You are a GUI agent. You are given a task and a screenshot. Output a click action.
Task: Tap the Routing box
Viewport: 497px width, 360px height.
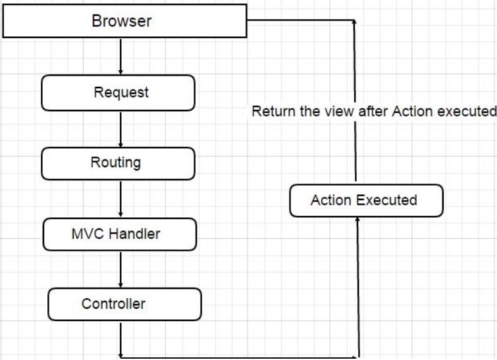pyautogui.click(x=118, y=163)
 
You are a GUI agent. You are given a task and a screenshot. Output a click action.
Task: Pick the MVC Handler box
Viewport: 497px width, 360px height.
pyautogui.click(x=119, y=234)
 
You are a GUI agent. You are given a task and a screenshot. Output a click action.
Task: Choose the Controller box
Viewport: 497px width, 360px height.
pyautogui.click(x=124, y=304)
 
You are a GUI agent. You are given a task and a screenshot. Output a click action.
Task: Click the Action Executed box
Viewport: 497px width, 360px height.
pyautogui.click(x=366, y=200)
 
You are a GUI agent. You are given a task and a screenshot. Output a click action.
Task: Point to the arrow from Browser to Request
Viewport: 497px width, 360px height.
pyautogui.click(x=121, y=56)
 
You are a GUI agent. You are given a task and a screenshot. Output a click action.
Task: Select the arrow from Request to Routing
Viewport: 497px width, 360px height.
pyautogui.click(x=121, y=128)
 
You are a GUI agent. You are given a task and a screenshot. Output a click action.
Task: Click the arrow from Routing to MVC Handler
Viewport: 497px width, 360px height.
pyautogui.click(x=121, y=199)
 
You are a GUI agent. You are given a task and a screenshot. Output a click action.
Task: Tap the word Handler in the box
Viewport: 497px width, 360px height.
pyautogui.click(x=135, y=234)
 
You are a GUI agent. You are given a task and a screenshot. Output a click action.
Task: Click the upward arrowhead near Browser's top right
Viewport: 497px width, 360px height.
pyautogui.click(x=355, y=23)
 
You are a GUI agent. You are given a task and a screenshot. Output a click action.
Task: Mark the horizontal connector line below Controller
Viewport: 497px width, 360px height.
pyautogui.click(x=240, y=357)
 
